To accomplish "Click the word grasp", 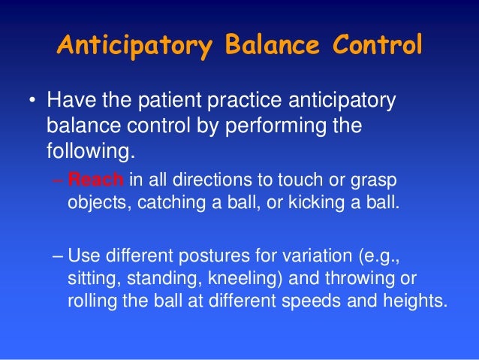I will point(375,181).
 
